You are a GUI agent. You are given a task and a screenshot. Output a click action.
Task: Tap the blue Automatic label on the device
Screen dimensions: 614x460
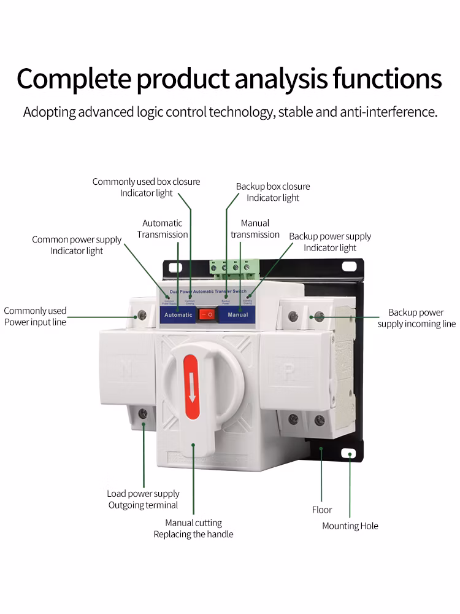point(178,315)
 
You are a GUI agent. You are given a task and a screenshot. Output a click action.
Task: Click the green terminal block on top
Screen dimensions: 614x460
point(234,267)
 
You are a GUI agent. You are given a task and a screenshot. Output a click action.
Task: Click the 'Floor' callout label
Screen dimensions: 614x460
point(321,510)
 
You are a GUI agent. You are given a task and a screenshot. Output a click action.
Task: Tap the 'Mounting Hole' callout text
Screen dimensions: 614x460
point(350,526)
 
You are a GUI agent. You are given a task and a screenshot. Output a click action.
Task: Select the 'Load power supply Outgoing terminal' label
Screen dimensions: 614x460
point(143,499)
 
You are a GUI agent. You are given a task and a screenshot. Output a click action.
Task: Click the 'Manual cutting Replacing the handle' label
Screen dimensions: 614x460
point(193,529)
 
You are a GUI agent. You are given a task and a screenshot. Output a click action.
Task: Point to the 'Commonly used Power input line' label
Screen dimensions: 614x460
point(35,316)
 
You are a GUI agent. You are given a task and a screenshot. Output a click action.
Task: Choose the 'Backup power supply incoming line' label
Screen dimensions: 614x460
point(416,318)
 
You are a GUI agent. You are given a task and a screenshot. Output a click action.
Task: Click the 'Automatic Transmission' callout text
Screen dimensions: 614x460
point(163,229)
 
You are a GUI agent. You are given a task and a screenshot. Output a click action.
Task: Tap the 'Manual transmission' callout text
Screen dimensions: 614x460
point(255,229)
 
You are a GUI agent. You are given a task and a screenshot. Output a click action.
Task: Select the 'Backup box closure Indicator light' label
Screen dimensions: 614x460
point(273,192)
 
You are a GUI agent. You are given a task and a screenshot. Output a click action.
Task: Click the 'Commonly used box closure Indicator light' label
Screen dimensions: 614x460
point(146,187)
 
